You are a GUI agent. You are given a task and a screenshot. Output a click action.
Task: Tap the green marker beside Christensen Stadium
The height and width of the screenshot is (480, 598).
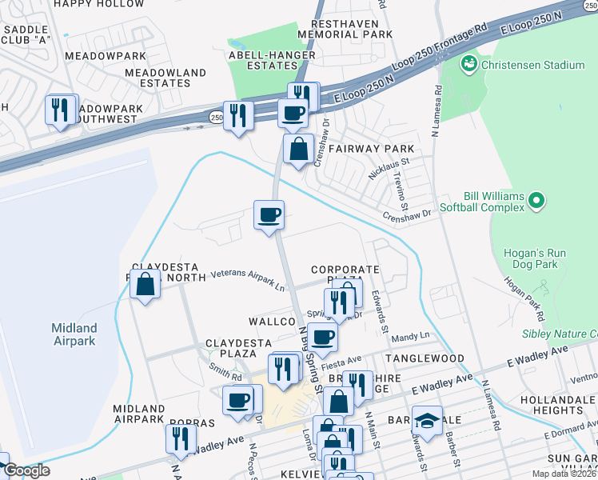pos(469,62)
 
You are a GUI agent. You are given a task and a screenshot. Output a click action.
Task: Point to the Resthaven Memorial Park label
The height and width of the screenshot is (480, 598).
pos(345,29)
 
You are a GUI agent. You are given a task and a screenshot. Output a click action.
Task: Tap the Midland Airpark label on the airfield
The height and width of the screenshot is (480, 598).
pos(74,334)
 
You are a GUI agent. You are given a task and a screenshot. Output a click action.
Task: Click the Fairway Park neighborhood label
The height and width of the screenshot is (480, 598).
pos(377,149)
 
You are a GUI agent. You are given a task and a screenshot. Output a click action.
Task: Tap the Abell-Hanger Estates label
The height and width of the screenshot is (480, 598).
pos(273,61)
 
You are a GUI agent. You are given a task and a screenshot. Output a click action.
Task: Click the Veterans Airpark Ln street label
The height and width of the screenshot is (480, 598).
pos(247,278)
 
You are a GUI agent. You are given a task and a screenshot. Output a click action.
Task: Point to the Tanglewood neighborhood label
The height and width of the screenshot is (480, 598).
pos(425,359)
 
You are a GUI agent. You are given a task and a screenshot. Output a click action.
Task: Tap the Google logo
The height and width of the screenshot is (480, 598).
pos(26,470)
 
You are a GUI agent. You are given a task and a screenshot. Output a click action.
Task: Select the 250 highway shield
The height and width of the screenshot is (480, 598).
pos(217,117)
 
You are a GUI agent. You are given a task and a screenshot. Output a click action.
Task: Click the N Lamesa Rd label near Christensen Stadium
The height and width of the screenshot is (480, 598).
pos(437,102)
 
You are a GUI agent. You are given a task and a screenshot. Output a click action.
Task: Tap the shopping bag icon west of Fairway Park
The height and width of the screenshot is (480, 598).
pos(298,149)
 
